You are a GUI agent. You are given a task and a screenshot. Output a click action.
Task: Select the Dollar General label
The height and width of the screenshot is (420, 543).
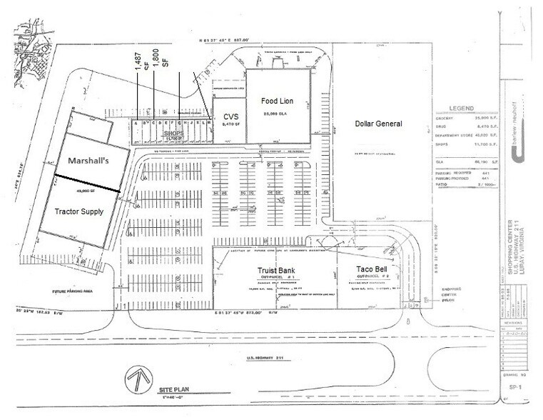click(x=378, y=124)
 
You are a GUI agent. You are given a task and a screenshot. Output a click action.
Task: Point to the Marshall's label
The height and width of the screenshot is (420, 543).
click(x=82, y=162)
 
